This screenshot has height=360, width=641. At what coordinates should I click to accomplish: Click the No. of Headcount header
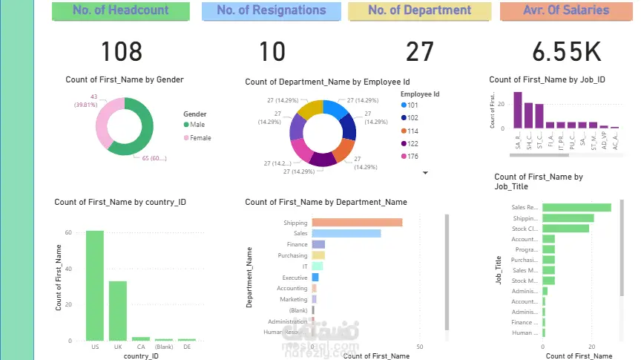(121, 11)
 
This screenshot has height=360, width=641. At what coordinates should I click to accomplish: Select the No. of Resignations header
(272, 11)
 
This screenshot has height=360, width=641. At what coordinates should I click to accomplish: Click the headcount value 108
(121, 51)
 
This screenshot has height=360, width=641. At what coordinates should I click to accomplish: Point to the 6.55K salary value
(566, 51)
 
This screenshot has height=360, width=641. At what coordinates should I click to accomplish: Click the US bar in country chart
(95, 286)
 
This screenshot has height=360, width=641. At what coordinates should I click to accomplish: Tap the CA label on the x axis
(140, 347)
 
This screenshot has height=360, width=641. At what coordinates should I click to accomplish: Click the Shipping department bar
(357, 223)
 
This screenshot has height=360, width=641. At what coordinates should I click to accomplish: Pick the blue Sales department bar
(346, 233)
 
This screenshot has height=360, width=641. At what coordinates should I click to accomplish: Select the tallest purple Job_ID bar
(518, 111)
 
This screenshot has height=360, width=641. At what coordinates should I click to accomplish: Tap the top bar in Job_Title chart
(576, 208)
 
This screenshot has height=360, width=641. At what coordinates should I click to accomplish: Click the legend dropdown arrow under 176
(426, 172)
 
